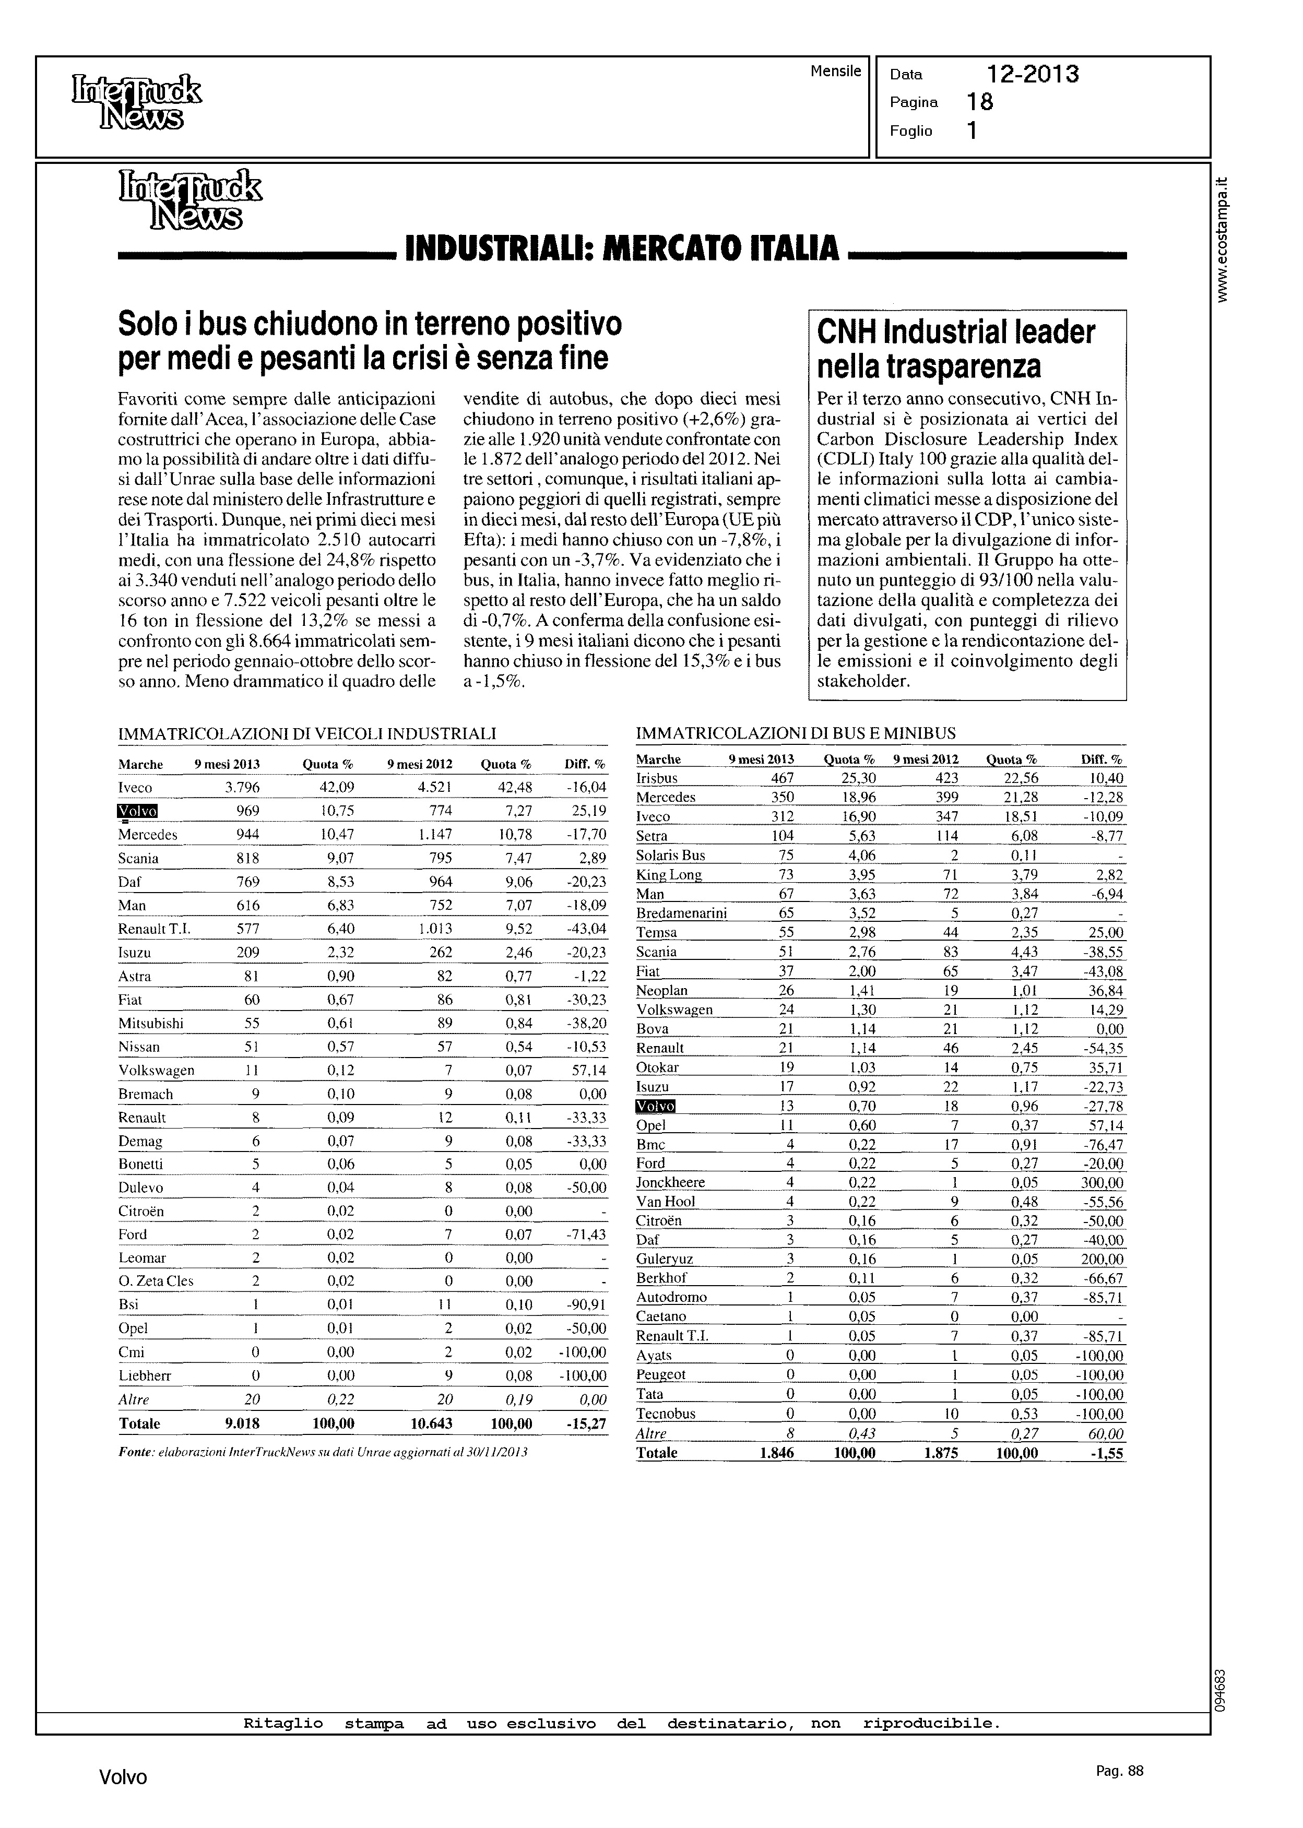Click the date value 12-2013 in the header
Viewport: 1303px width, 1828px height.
[x=1033, y=75]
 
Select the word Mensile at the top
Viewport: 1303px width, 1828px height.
[x=835, y=70]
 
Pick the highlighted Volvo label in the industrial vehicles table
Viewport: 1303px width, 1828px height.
[x=138, y=811]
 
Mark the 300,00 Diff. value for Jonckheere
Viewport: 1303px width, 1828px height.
[x=1103, y=1182]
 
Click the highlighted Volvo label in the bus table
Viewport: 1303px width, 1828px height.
[x=656, y=1106]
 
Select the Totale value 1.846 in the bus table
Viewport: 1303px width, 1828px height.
[x=776, y=1453]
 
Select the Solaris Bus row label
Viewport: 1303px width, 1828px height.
[x=671, y=855]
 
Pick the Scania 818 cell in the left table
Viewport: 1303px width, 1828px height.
[x=247, y=858]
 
